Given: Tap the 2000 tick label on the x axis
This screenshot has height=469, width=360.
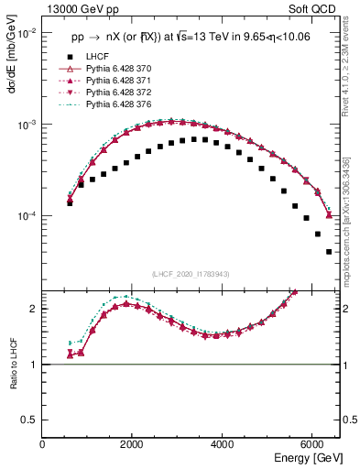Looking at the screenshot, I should (x=132, y=444).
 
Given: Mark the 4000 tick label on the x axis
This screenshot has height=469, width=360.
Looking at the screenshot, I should (x=222, y=444).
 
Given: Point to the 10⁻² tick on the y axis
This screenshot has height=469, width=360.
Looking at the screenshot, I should (x=27, y=33).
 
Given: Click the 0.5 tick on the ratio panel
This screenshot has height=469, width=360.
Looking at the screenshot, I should (x=30, y=419).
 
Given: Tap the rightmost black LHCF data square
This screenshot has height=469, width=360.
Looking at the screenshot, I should (x=329, y=252).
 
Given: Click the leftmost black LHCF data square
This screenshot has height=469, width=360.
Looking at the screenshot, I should (x=70, y=203).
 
